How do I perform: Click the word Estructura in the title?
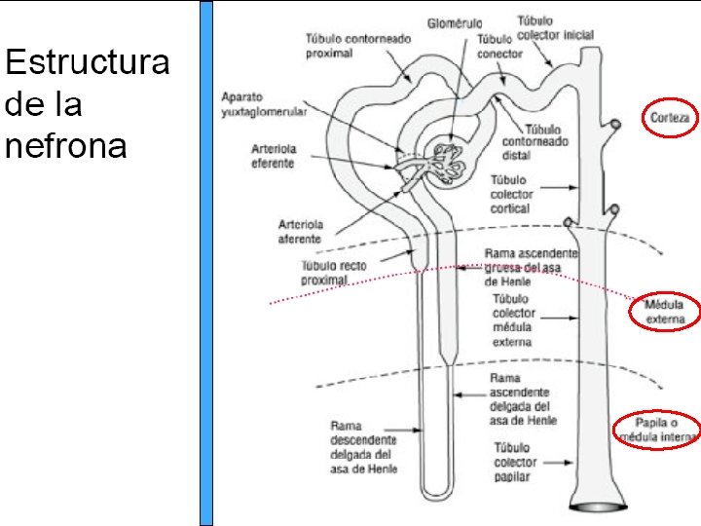tap(87, 64)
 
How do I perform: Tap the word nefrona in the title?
tap(65, 146)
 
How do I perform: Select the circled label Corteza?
tap(670, 119)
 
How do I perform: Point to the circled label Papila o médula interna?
tap(657, 430)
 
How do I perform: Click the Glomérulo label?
tap(453, 22)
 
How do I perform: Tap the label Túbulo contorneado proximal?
tap(358, 45)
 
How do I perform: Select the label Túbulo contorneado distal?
tap(535, 142)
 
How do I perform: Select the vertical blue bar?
tap(206, 263)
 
